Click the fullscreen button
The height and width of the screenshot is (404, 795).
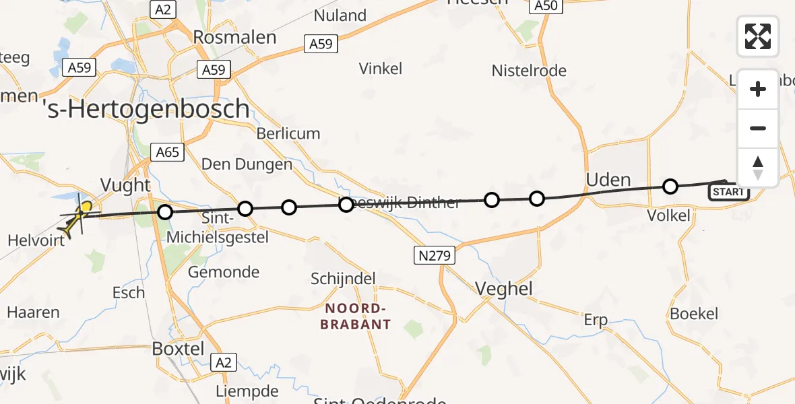[x=758, y=36]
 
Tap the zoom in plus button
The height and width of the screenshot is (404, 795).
[x=758, y=90]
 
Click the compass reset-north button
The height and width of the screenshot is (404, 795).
[x=758, y=168]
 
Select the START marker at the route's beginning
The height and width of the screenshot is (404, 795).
[x=728, y=193]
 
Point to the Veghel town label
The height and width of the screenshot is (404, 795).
[x=504, y=289]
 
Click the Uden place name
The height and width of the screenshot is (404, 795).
[x=608, y=180]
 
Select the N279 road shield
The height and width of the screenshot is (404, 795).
[x=435, y=255]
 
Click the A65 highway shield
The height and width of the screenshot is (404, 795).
[x=167, y=152]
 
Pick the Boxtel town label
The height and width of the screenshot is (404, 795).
[x=178, y=349]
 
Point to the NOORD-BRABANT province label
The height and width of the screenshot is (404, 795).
[x=358, y=316]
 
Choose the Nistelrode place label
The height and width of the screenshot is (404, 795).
[x=529, y=71]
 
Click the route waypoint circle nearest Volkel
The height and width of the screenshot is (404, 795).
[x=670, y=187]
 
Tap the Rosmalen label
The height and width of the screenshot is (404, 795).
[x=234, y=37]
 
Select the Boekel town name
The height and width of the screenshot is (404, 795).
[x=694, y=314]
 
